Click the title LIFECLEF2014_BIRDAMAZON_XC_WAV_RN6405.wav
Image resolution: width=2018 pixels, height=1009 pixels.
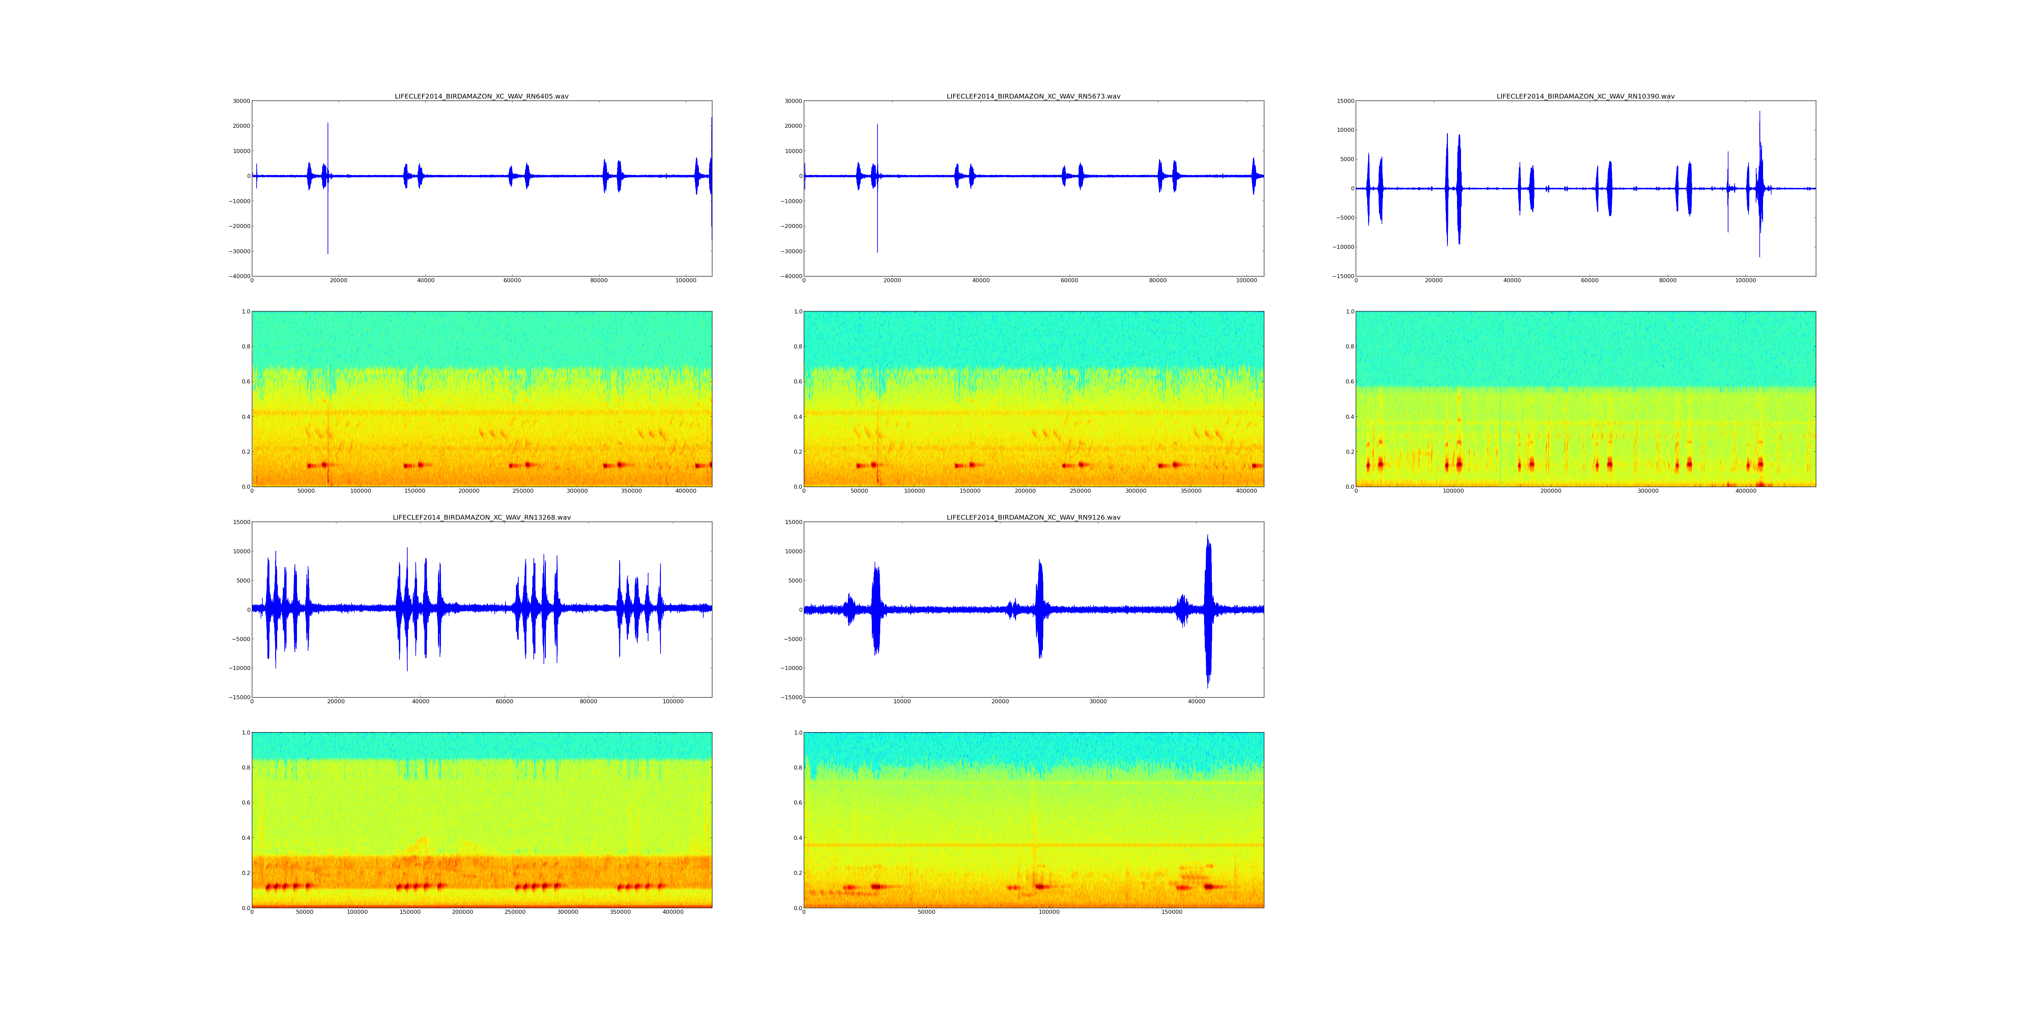tap(481, 96)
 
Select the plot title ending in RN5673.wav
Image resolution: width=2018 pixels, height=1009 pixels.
tap(1033, 96)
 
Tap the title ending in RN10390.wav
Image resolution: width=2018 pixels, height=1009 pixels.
tap(1585, 96)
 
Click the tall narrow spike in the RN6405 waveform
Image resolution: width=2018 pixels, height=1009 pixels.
tap(328, 188)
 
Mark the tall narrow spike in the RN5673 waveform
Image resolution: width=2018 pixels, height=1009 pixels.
tap(877, 188)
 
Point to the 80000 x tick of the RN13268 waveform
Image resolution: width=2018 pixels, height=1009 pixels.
tap(588, 701)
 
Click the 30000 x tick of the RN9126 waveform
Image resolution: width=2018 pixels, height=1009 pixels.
tap(1098, 701)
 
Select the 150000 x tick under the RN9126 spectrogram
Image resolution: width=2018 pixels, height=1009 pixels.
tap(1172, 912)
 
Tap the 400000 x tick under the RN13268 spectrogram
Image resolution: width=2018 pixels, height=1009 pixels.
tap(674, 912)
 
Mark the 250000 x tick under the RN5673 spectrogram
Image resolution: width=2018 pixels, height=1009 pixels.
tap(1080, 491)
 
